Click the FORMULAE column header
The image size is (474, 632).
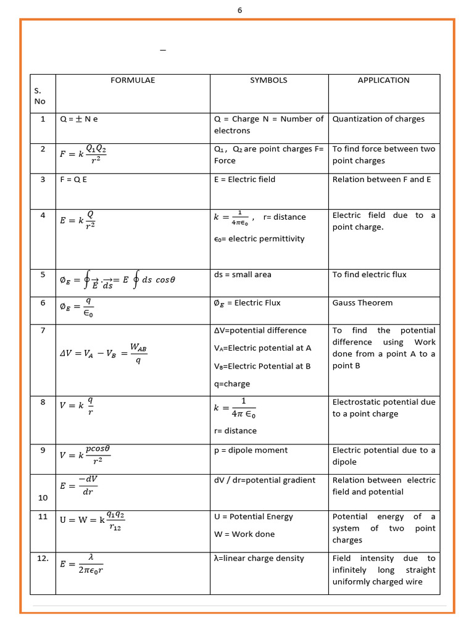tap(133, 80)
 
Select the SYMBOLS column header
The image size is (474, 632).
tap(268, 80)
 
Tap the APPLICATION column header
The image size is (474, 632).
tap(383, 80)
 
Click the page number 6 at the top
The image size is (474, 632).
tap(239, 10)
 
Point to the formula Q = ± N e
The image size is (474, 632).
tap(79, 119)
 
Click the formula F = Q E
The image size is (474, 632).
tap(73, 180)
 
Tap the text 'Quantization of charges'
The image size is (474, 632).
tap(378, 119)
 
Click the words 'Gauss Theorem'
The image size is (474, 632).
tap(362, 303)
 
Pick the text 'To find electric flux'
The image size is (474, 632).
tap(369, 275)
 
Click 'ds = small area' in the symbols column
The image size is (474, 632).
tap(243, 275)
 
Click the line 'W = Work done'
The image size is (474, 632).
tap(244, 534)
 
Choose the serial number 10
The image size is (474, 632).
tap(43, 497)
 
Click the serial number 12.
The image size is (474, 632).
tap(43, 559)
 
